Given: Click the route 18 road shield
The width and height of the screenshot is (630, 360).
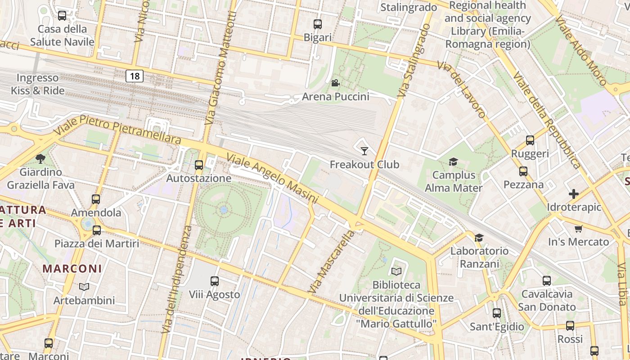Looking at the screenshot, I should tap(135, 76).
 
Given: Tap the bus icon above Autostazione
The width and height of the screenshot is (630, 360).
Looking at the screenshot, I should tap(199, 165).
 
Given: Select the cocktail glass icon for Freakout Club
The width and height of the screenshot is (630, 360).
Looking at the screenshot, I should tap(364, 151).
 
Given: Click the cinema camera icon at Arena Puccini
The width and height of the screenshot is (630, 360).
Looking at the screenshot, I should tap(335, 83).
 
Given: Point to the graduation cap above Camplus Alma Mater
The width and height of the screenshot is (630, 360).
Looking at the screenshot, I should tap(453, 162).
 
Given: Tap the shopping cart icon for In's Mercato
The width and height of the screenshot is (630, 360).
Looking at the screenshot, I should tap(578, 229).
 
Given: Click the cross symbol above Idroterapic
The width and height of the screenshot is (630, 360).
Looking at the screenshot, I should tap(574, 194).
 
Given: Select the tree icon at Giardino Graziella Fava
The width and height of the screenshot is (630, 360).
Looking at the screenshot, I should tap(40, 158).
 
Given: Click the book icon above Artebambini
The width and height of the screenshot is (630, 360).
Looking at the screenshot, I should tap(84, 287).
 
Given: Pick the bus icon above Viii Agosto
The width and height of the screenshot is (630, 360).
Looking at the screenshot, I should tap(215, 281).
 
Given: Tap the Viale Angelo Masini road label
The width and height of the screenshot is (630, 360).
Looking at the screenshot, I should tap(273, 178).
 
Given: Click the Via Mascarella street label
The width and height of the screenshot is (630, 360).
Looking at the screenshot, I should tap(331, 261).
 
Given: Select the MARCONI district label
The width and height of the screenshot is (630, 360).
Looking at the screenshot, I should tap(72, 269).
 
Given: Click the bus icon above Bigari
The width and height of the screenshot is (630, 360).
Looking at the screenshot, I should tap(318, 24).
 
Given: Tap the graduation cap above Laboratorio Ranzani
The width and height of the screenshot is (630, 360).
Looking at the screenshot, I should tap(479, 237).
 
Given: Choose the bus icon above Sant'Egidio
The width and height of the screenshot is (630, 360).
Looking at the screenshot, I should tap(497, 313).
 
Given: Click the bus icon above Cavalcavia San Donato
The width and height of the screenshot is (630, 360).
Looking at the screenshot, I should tap(547, 281).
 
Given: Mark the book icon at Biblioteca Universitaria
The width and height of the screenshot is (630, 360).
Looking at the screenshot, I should tap(396, 271).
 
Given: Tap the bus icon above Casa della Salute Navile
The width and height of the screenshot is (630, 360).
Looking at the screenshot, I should tap(62, 16).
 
